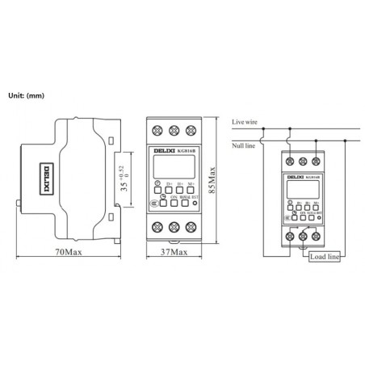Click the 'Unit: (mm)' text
[x=25, y=96]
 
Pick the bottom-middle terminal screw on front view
[x=173, y=226]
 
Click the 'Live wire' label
[x=244, y=121]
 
